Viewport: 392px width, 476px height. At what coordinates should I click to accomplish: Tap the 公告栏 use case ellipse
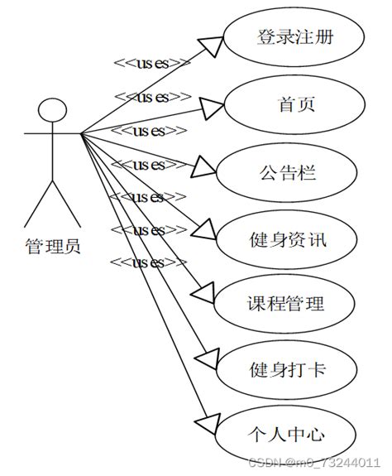click(287, 174)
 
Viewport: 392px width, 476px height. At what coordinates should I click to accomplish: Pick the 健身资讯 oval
click(287, 241)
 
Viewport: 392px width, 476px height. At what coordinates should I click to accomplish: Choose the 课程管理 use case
click(286, 303)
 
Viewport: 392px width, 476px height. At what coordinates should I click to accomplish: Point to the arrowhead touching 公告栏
click(204, 168)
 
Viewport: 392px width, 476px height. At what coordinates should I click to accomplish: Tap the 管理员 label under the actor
click(53, 246)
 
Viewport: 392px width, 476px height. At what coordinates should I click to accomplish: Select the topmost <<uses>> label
click(151, 63)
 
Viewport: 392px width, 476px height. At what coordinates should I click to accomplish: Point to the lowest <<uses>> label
click(147, 263)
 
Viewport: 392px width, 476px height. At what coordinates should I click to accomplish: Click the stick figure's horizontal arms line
click(51, 132)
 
